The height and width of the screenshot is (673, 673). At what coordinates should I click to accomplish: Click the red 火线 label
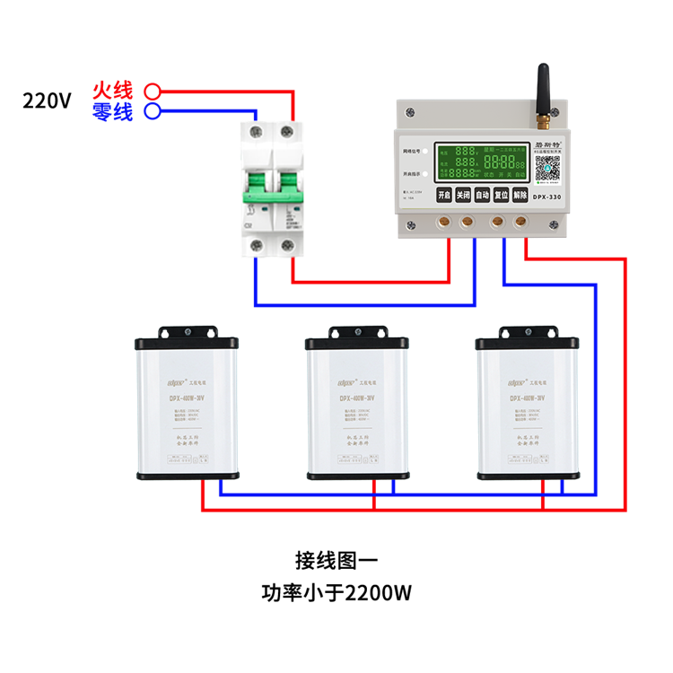click(x=112, y=91)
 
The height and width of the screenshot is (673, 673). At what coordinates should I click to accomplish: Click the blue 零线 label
click(x=112, y=111)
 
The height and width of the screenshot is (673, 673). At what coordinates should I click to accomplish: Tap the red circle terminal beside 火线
click(x=153, y=91)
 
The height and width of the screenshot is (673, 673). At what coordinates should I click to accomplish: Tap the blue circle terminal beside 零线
click(x=153, y=111)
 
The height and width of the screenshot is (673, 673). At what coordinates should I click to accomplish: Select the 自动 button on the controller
click(x=482, y=195)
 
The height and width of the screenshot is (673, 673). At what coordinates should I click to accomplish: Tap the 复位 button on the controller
click(x=501, y=195)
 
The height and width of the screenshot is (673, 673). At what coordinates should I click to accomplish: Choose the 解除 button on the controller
click(x=520, y=195)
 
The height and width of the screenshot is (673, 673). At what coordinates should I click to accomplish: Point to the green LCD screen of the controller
click(x=483, y=162)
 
